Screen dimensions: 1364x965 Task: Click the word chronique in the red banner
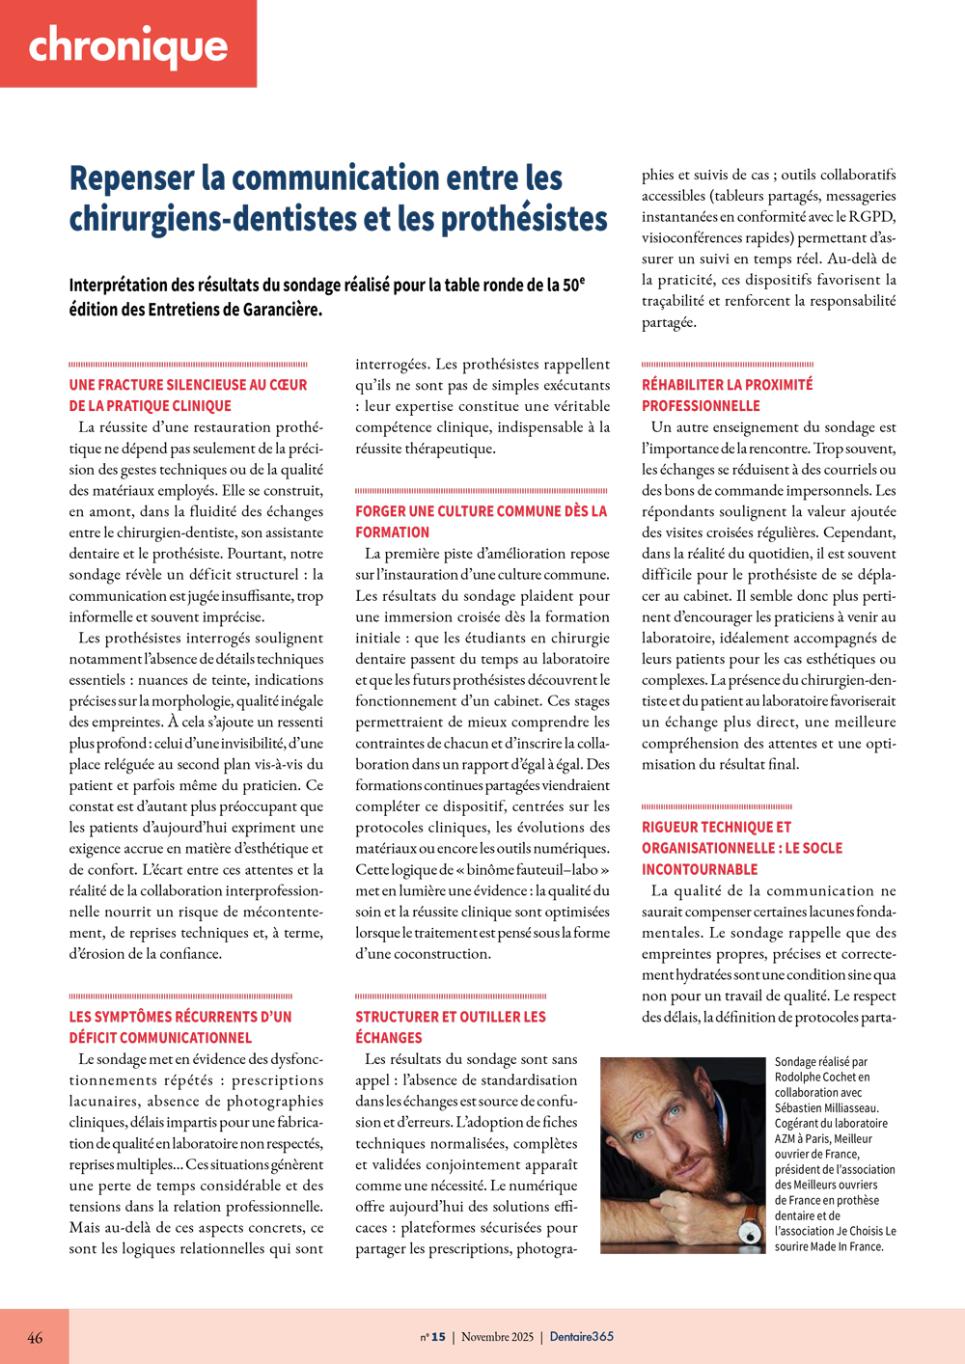(127, 46)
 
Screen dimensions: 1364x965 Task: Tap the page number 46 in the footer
(35, 1337)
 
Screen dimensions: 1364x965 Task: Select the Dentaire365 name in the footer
(581, 1337)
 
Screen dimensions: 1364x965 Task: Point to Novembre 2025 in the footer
(497, 1337)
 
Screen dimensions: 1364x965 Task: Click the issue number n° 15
(433, 1337)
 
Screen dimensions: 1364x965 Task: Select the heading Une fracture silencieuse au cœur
(187, 385)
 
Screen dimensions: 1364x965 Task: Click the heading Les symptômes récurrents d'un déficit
(179, 1017)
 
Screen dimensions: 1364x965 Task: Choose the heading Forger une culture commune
(481, 511)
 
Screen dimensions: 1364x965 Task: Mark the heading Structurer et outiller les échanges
(450, 1017)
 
